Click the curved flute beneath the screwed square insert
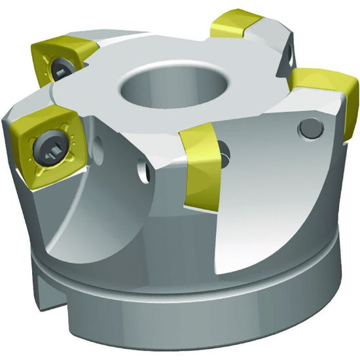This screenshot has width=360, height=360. [72, 209]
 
